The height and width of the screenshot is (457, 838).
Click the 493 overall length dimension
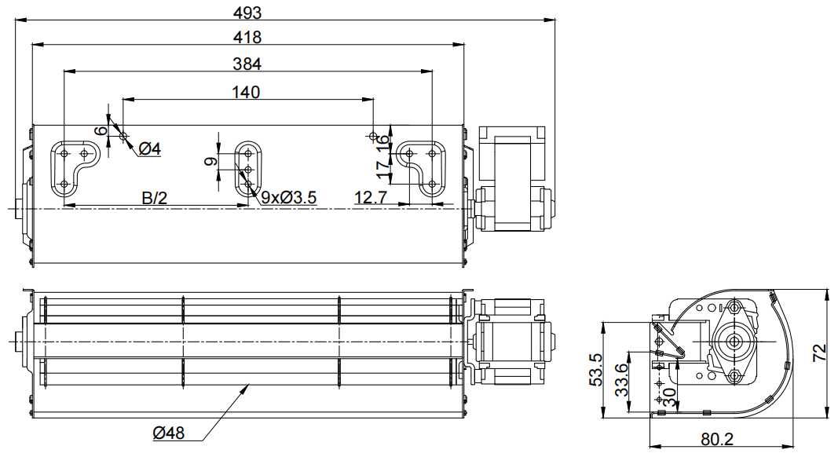click(247, 12)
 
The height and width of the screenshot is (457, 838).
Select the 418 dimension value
click(247, 37)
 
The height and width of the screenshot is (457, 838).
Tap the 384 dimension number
click(247, 64)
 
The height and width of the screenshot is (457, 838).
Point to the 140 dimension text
click(246, 92)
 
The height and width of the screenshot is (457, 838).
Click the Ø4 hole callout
click(150, 148)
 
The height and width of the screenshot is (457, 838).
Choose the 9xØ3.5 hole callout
click(288, 198)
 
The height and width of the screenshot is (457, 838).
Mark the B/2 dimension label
click(155, 199)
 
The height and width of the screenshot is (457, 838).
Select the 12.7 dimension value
click(371, 198)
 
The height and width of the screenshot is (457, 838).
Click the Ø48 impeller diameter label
click(168, 433)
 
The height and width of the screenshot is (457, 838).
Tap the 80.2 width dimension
click(717, 440)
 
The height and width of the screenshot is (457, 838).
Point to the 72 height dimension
click(820, 353)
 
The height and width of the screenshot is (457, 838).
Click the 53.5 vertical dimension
click(596, 369)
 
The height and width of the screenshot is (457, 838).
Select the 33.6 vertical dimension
click(621, 380)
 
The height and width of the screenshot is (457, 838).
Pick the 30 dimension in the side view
click(669, 396)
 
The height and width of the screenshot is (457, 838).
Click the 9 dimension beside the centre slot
click(211, 161)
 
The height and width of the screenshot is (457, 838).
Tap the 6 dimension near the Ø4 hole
click(100, 131)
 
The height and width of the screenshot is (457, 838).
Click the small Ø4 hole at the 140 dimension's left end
click(124, 136)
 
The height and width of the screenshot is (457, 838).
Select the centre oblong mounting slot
click(248, 169)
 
